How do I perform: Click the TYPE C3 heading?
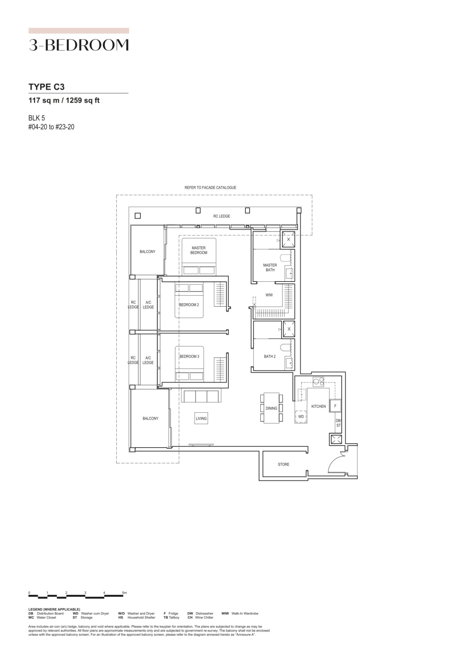(x=47, y=87)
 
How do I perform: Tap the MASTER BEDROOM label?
(x=199, y=250)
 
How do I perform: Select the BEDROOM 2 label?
(x=189, y=305)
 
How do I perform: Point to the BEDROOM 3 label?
(x=189, y=356)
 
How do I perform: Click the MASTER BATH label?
(x=270, y=267)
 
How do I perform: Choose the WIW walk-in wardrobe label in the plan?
(x=269, y=295)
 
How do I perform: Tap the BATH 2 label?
(x=270, y=356)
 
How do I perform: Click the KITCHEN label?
(x=318, y=406)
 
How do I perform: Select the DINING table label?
(x=271, y=408)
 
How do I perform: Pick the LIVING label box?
(x=201, y=418)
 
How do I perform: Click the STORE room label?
(x=283, y=464)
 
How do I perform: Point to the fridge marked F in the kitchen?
(x=335, y=406)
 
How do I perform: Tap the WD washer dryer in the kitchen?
(x=301, y=416)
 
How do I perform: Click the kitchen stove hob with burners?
(x=318, y=381)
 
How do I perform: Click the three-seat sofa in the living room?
(x=200, y=396)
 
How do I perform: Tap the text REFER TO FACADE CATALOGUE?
(x=210, y=188)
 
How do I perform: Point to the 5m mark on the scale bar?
(x=124, y=593)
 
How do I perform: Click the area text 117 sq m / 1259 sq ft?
(x=64, y=100)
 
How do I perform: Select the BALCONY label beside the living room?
(x=150, y=418)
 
